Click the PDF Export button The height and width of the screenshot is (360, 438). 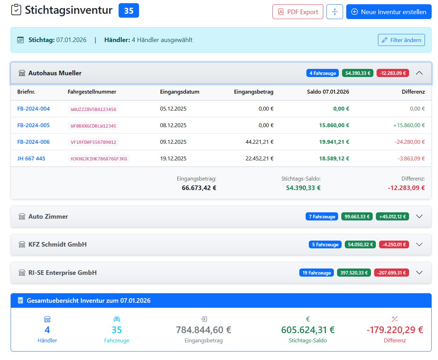(x=298, y=12)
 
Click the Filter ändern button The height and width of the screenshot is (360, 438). (x=401, y=40)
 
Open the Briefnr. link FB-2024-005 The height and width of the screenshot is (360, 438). (x=34, y=125)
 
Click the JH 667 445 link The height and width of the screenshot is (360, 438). (x=31, y=159)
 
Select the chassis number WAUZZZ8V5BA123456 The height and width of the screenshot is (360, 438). (x=93, y=109)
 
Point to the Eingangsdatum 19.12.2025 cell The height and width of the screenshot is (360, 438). (x=173, y=159)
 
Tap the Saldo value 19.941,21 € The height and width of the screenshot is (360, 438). (x=334, y=142)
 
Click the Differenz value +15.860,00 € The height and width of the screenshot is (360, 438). (x=409, y=125)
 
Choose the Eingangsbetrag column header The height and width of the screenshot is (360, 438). (x=253, y=92)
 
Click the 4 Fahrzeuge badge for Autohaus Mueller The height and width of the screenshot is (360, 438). (x=322, y=73)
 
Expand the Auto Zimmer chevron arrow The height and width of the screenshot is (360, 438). (x=419, y=217)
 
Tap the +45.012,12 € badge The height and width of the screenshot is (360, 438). (x=392, y=217)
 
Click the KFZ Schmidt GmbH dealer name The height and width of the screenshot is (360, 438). (x=58, y=244)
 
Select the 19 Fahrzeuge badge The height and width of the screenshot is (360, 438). (x=316, y=273)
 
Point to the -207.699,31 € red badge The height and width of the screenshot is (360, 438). (x=391, y=273)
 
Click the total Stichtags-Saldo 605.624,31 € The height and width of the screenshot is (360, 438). (x=307, y=330)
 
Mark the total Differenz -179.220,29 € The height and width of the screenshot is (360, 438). (x=395, y=330)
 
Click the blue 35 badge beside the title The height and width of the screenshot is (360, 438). (x=128, y=11)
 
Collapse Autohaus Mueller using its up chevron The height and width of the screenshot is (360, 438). (x=419, y=73)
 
